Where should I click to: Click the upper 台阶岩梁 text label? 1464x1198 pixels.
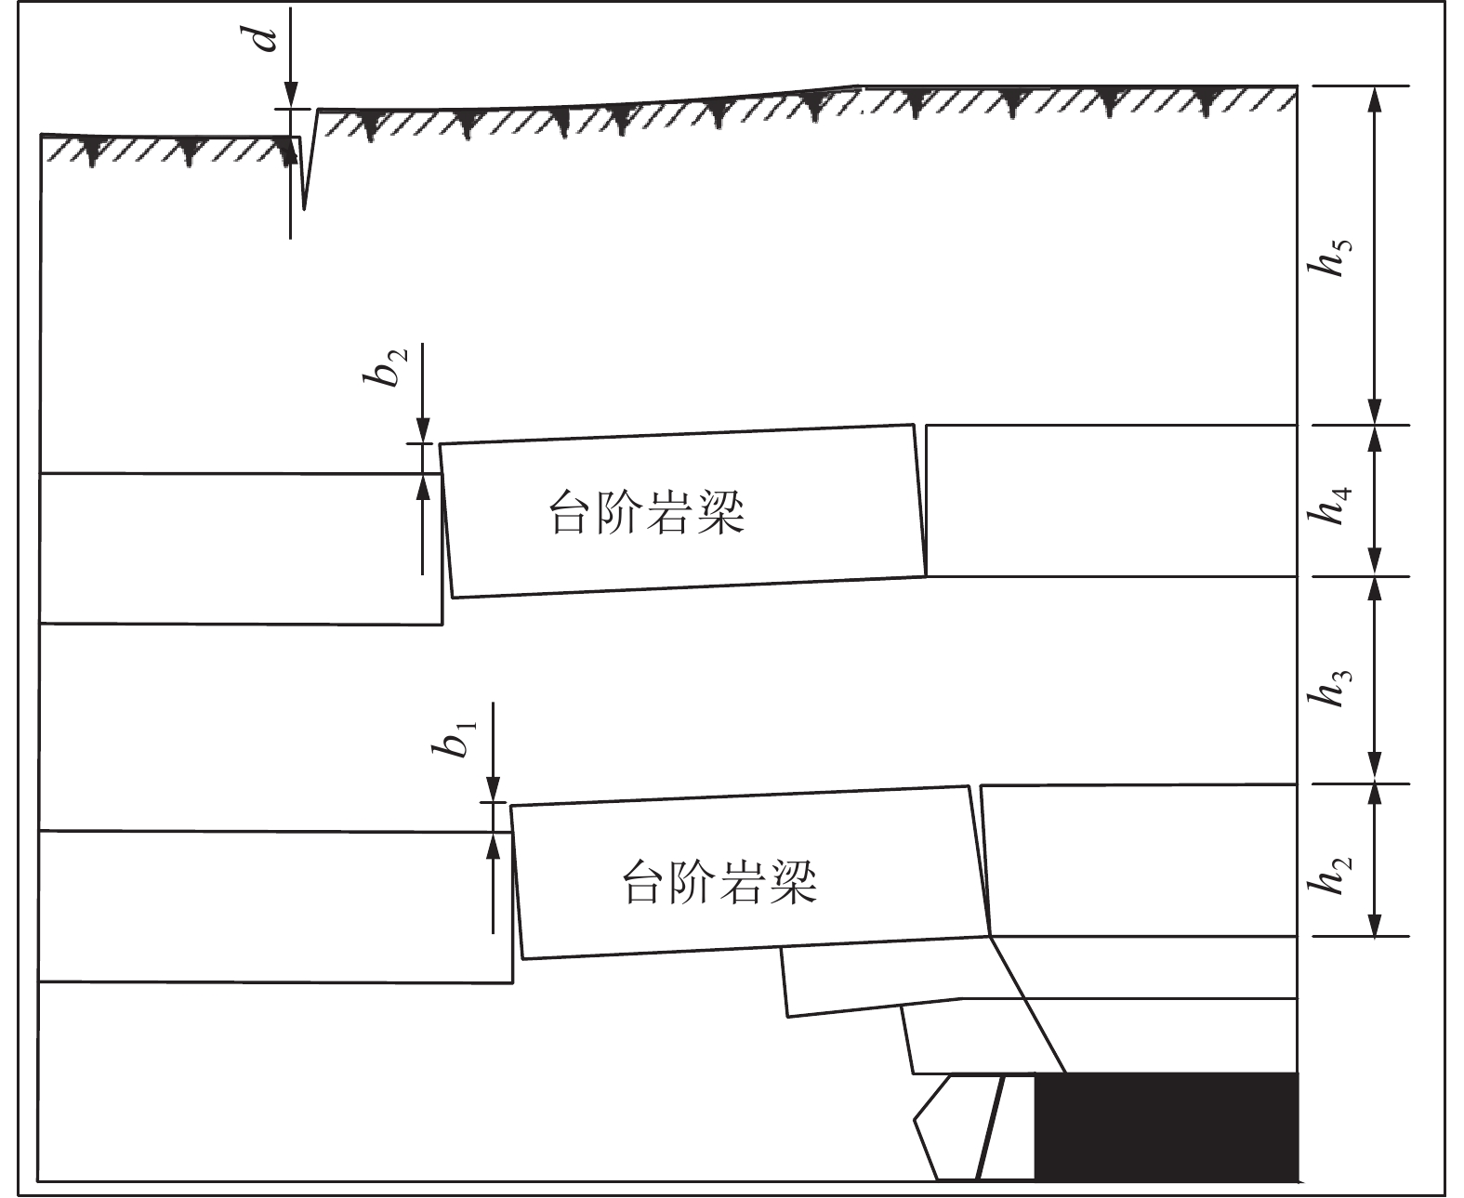pyautogui.click(x=648, y=512)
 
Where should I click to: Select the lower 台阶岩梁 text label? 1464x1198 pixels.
pyautogui.click(x=719, y=882)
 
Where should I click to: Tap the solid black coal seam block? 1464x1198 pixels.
pyautogui.click(x=1166, y=1126)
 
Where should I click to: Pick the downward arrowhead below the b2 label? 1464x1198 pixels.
pyautogui.click(x=422, y=430)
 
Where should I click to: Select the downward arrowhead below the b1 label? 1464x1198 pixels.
pyautogui.click(x=493, y=790)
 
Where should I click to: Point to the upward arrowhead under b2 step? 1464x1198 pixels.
pyautogui.click(x=422, y=485)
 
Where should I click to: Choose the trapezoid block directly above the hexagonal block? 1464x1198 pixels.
pyautogui.click(x=976, y=1039)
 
